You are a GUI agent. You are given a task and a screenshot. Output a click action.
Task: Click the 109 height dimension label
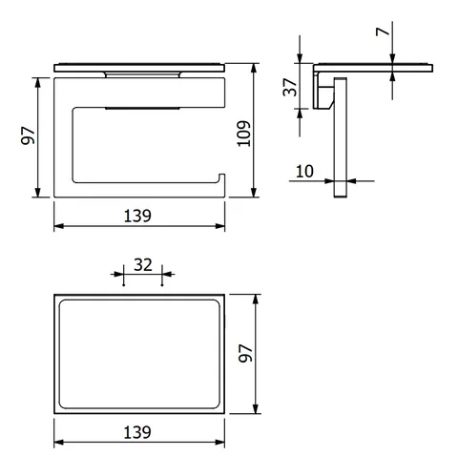[x=244, y=134]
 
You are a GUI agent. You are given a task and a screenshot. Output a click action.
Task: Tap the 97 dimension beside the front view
[x=28, y=135]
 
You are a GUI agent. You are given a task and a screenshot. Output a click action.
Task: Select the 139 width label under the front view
[x=137, y=216]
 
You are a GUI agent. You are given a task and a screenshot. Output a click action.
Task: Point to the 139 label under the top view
[x=137, y=432]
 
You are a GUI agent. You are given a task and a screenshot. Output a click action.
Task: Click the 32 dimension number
[x=143, y=265]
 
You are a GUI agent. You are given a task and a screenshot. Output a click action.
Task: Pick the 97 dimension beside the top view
[x=246, y=353]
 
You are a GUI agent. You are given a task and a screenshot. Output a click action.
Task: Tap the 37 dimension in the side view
[x=290, y=87]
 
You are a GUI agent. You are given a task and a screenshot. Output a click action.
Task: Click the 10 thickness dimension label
[x=304, y=172]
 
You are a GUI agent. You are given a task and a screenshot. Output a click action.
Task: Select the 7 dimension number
[x=383, y=31]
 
